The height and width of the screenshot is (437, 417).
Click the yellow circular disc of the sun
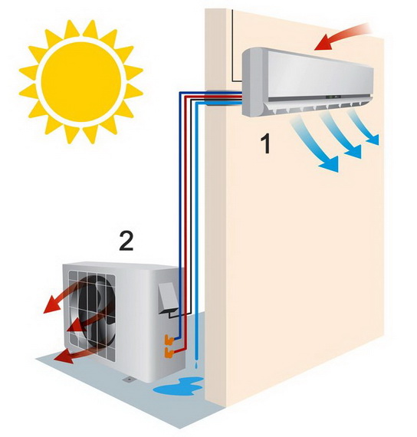pyautogui.click(x=81, y=82)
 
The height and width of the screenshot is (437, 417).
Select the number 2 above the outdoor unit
pyautogui.click(x=126, y=241)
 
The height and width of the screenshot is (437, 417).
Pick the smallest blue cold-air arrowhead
pyautogui.click(x=373, y=140)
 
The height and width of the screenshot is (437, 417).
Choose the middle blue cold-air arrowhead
pyautogui.click(x=354, y=152)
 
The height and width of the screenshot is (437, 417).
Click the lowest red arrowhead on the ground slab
pyautogui.click(x=64, y=357)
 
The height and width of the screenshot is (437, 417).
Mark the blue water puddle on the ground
pyautogui.click(x=179, y=386)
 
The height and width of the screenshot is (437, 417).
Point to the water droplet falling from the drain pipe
pyautogui.click(x=197, y=365)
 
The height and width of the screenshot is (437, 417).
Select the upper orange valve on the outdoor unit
pyautogui.click(x=169, y=340)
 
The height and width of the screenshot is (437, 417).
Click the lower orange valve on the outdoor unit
pyautogui.click(x=169, y=353)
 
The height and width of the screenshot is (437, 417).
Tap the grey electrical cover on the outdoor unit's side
pyautogui.click(x=168, y=297)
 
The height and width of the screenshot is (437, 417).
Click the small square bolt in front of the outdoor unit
pyautogui.click(x=129, y=379)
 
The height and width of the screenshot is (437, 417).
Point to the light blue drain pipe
pyautogui.click(x=198, y=229)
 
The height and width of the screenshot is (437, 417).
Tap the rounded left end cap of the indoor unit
pyautogui.click(x=252, y=83)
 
